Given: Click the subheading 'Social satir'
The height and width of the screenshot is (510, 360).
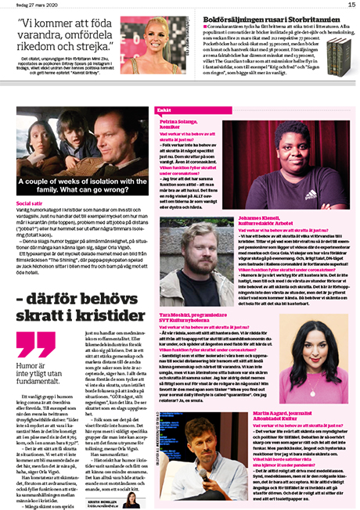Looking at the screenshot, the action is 30,203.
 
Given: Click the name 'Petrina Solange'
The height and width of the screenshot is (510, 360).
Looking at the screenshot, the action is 180,129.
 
